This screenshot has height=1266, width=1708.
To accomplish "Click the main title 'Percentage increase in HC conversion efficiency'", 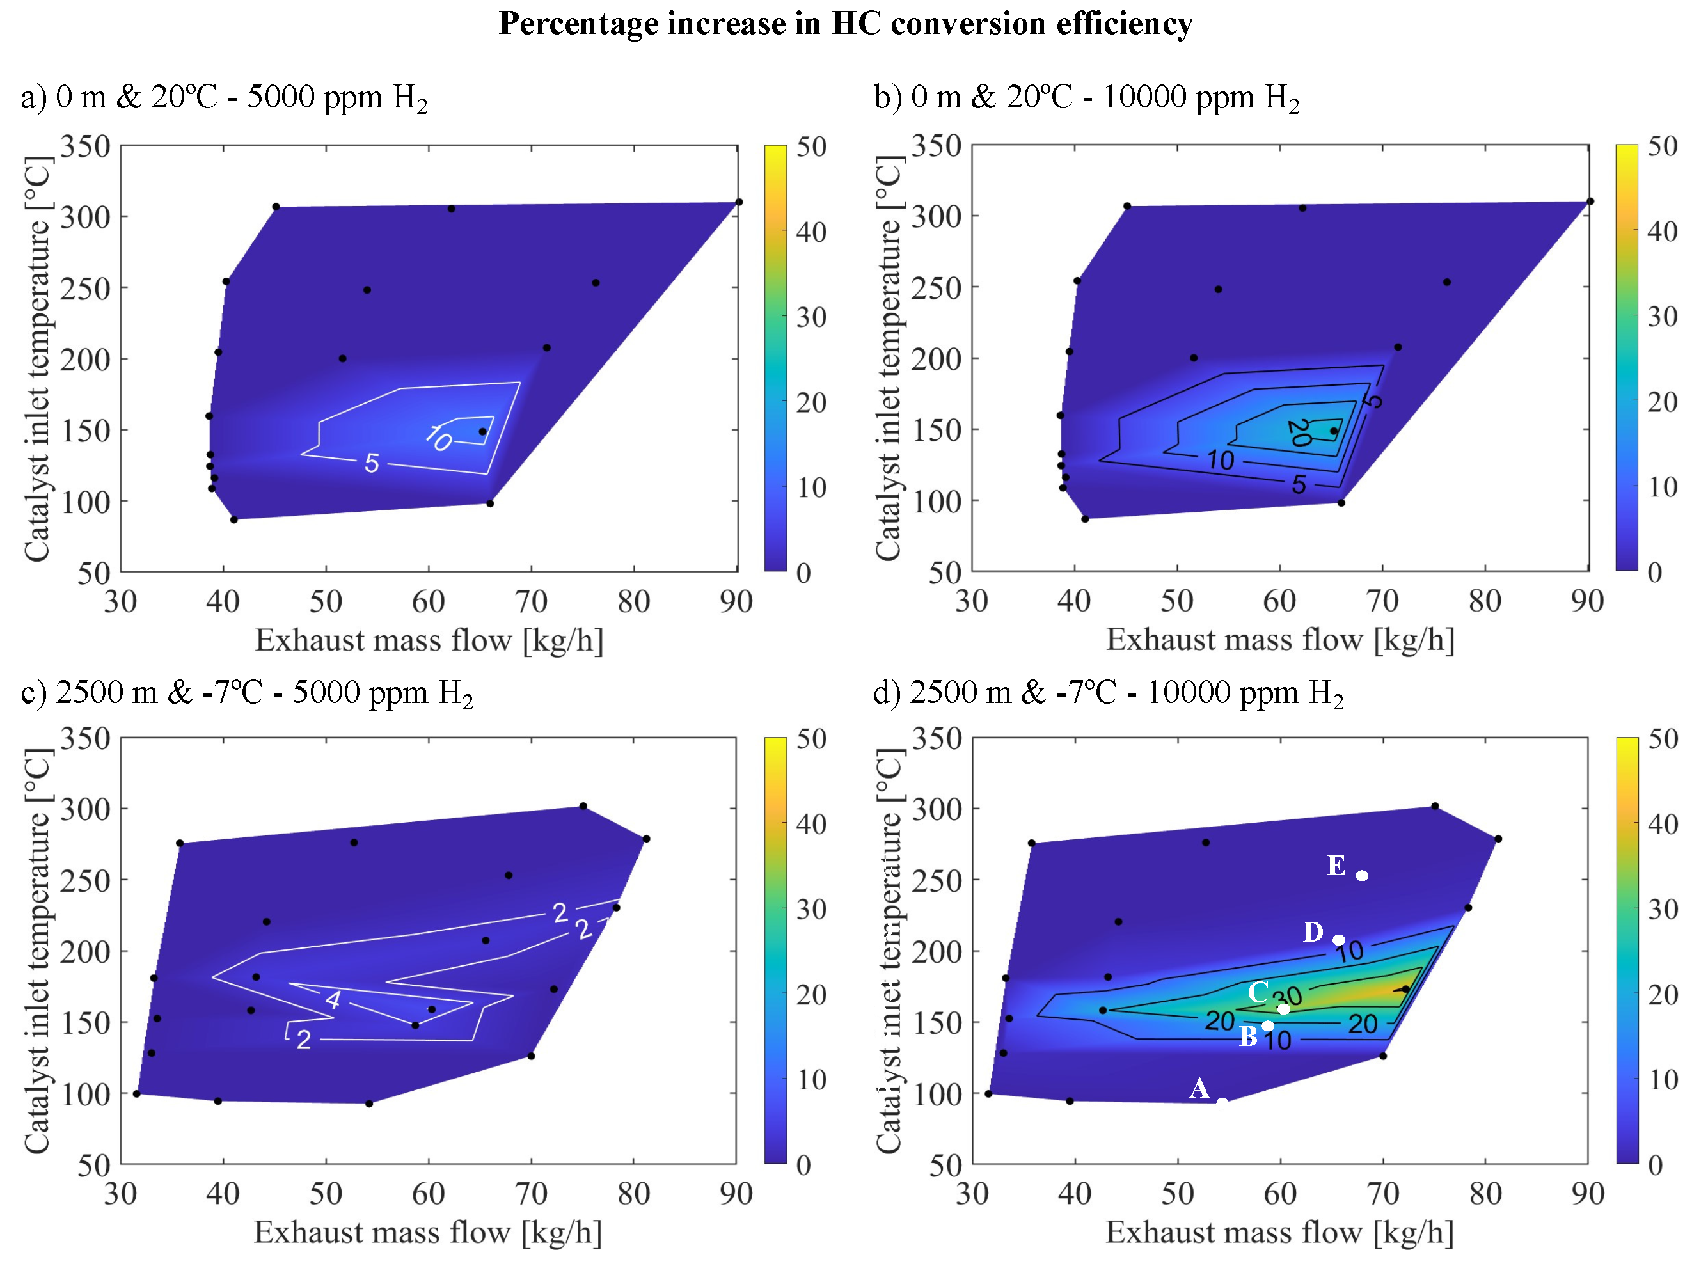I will point(845,23).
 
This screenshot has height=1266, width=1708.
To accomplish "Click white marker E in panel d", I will point(1362,875).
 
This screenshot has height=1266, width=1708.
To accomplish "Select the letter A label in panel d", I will point(1199,1088).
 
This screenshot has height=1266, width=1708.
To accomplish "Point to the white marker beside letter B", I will point(1267,1025).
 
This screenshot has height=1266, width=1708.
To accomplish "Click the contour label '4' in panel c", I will point(333,999).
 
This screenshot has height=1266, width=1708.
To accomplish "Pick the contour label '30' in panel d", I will point(1287,997).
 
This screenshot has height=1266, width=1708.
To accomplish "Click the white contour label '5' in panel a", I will point(372,463).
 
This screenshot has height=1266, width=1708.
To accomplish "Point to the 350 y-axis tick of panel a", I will point(85,146).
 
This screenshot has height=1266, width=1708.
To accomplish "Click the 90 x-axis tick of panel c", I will point(736,1193).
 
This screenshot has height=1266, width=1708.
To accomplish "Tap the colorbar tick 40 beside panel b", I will point(1662,231).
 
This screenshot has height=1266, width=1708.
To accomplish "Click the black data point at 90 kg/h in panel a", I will point(739,202).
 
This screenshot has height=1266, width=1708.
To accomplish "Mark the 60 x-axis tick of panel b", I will point(1279,601).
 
